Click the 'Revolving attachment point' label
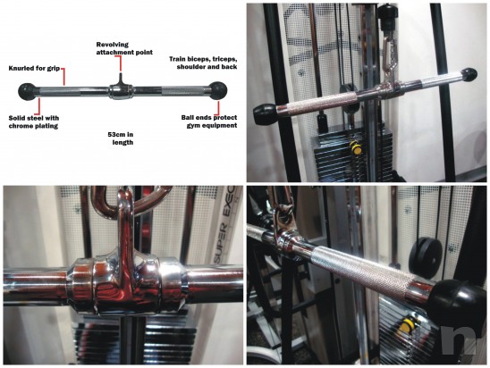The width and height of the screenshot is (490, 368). click(124, 49)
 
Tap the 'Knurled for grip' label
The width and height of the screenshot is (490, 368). click(34, 69)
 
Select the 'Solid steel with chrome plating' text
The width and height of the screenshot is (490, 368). click(34, 121)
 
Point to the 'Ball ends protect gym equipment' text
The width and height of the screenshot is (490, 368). click(209, 121)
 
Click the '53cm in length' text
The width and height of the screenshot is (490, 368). click(121, 138)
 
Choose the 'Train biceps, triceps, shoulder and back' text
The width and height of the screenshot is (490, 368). click(203, 63)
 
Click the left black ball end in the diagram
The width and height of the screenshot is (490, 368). click(27, 92)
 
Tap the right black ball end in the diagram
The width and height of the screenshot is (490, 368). click(218, 90)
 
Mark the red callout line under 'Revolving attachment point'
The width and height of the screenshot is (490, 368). click(121, 64)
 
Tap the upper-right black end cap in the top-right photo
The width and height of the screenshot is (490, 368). click(469, 75)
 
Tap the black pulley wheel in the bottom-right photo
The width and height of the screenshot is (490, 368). click(426, 258)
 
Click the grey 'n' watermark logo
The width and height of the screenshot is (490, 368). click(459, 340)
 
